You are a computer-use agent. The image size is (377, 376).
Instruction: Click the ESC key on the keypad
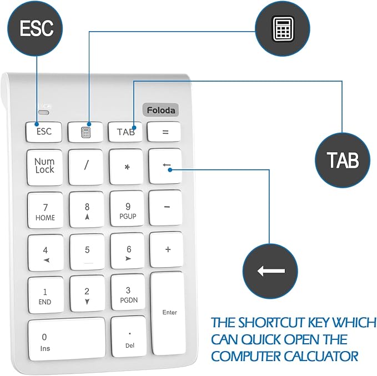click(x=44, y=132)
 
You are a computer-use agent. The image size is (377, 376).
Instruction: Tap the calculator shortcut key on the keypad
click(x=86, y=132)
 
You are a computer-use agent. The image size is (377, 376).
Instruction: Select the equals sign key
click(x=164, y=132)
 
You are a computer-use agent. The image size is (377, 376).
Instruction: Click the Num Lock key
click(x=45, y=167)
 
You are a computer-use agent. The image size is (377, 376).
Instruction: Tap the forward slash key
click(x=86, y=167)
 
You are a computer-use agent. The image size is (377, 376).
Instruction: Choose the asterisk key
click(x=126, y=167)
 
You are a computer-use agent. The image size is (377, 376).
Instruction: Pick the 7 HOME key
click(x=46, y=210)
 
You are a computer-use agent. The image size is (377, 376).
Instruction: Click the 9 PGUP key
click(x=127, y=209)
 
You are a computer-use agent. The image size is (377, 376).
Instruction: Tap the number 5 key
click(x=87, y=252)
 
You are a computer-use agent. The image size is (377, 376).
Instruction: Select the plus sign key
click(x=167, y=249)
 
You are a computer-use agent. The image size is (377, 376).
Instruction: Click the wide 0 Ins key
click(x=67, y=339)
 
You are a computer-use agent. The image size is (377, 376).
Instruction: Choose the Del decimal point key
click(x=129, y=337)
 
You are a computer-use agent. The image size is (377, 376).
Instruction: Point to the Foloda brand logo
click(x=160, y=110)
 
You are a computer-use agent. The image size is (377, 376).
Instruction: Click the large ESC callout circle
click(x=35, y=28)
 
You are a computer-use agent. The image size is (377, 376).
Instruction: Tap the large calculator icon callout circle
click(x=283, y=29)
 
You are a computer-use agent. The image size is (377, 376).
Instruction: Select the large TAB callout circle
click(x=343, y=160)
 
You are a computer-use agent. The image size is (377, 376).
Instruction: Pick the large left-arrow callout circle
click(x=270, y=271)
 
